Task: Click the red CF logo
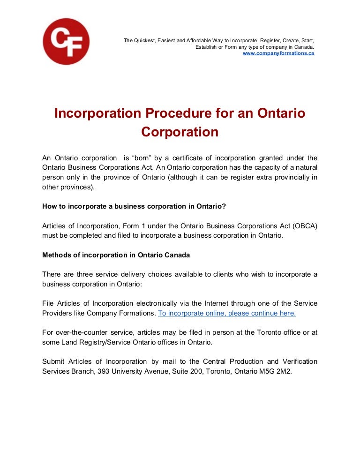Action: (66, 41)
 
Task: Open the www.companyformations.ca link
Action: (278, 53)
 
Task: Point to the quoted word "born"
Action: (142, 158)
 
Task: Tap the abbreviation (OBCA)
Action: (305, 226)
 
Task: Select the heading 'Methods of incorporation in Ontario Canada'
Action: (116, 255)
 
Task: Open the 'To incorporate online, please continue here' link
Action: (227, 313)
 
